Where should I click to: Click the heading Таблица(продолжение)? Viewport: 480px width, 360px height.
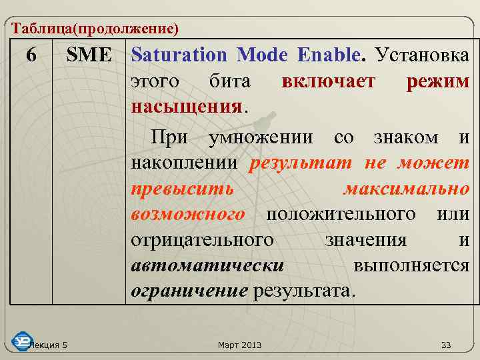[x=95, y=29]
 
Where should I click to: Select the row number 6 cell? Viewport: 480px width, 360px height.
[x=31, y=55]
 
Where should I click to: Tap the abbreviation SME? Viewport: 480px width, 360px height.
[x=89, y=55]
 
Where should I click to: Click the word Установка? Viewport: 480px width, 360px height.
[x=423, y=55]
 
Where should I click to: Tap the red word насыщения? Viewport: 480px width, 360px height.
[x=187, y=107]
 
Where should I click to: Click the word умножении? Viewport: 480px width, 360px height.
[x=261, y=138]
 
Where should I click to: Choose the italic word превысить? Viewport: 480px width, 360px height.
[x=183, y=189]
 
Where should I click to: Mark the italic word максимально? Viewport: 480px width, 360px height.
[x=406, y=189]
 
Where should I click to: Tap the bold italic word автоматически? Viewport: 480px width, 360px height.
[x=208, y=265]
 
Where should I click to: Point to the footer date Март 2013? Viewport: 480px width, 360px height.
[x=240, y=345]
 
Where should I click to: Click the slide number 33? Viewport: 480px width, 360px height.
[x=446, y=345]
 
